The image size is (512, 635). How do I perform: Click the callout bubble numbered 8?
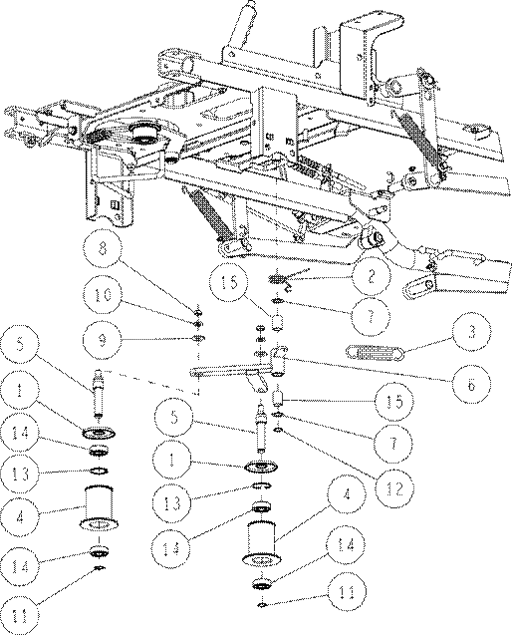103,248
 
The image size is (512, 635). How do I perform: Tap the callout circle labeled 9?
103,340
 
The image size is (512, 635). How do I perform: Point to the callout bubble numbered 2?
372,277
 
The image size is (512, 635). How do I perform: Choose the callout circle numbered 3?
472,333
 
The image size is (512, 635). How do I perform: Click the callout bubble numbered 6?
472,385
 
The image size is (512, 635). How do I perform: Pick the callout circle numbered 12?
393,489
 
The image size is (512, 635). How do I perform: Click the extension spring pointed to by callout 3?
376,352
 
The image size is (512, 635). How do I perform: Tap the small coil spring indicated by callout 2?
278,279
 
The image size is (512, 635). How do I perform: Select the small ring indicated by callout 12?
279,430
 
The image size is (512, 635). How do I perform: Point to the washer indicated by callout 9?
198,338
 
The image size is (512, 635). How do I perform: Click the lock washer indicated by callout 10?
198,324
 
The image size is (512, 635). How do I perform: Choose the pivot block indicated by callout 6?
279,360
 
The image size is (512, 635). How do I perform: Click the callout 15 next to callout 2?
229,282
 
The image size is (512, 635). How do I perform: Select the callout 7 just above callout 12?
393,443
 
